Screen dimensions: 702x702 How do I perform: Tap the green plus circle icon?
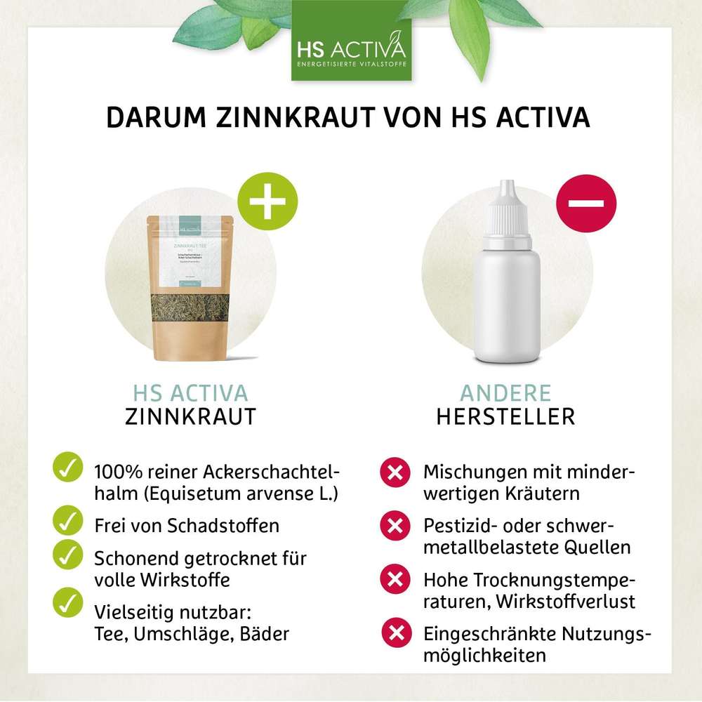coord(267,203)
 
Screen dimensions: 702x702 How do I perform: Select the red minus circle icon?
coord(586,203)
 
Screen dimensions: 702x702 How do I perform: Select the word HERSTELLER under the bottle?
coord(505,416)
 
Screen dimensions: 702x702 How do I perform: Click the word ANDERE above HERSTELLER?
coord(505,392)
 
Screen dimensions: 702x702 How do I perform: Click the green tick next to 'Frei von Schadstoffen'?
coord(67,520)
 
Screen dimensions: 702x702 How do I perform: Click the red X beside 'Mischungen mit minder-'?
coord(395,472)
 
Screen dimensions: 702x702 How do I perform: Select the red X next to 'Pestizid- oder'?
coord(395,524)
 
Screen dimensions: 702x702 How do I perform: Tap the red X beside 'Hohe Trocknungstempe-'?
coord(395,578)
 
